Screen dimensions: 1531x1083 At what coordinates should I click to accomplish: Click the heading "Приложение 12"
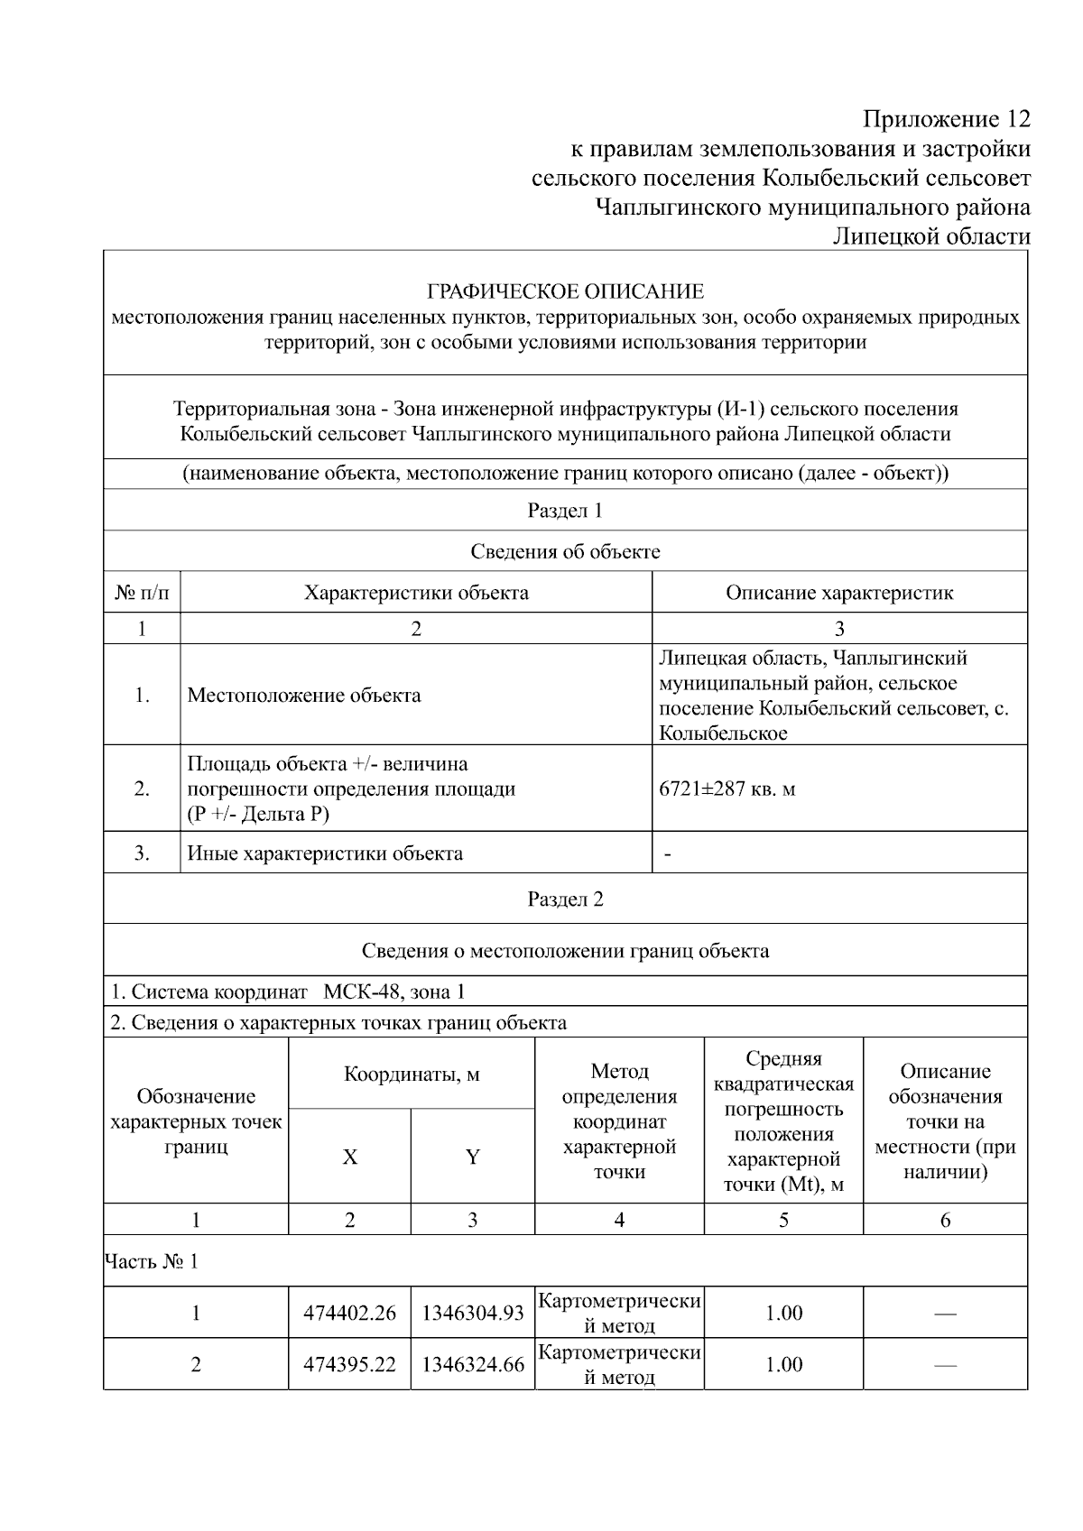click(946, 119)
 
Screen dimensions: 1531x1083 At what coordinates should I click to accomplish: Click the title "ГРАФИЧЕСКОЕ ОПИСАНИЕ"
click(565, 291)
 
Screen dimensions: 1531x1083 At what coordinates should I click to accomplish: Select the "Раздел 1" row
click(565, 511)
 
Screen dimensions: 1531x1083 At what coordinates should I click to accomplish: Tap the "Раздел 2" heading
click(565, 899)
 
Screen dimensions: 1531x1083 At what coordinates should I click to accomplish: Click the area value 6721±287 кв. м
click(727, 789)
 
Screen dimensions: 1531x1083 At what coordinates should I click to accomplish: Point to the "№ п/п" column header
click(142, 593)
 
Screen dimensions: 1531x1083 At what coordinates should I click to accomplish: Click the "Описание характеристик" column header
click(839, 593)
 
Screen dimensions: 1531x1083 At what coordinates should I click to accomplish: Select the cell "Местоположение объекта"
click(304, 696)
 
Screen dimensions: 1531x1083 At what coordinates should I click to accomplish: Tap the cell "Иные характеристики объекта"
click(325, 853)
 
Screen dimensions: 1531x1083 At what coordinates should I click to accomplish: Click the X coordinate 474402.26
click(349, 1314)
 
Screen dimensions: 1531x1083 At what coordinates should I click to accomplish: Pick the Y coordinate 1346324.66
click(473, 1365)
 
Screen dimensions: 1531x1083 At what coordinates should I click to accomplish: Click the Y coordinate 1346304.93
click(473, 1314)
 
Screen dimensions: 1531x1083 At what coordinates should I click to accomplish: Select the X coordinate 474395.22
click(349, 1365)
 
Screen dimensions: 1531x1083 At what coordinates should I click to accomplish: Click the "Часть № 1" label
click(152, 1261)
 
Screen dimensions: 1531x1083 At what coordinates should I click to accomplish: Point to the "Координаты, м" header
click(412, 1074)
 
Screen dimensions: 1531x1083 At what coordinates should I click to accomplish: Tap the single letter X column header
click(349, 1157)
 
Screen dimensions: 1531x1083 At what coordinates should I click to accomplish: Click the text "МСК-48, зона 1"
click(394, 992)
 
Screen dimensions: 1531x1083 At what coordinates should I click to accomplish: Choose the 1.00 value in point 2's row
click(783, 1365)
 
